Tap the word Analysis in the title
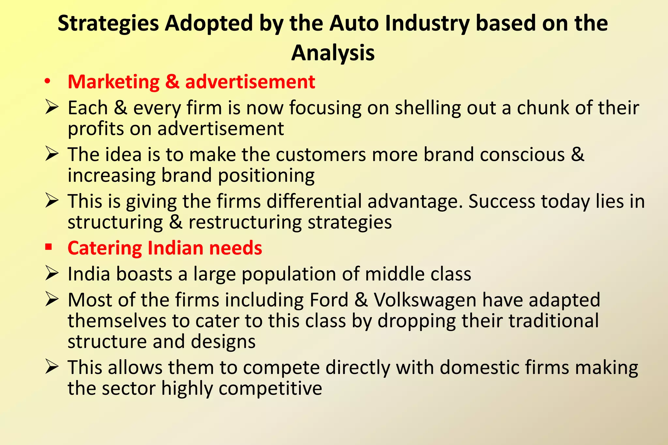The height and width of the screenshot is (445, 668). [x=333, y=53]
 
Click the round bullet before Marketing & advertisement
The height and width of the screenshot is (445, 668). [x=48, y=82]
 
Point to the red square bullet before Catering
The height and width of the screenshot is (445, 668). [x=49, y=247]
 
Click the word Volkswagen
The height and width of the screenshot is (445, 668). [x=425, y=300]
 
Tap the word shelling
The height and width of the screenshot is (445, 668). [x=428, y=108]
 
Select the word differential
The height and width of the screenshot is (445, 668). [x=314, y=201]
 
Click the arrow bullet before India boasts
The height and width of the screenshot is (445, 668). [x=52, y=273]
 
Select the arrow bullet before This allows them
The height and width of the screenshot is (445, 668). [x=52, y=367]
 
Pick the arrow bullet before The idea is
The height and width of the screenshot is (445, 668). [x=52, y=154]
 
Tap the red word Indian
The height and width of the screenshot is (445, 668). [x=175, y=248]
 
